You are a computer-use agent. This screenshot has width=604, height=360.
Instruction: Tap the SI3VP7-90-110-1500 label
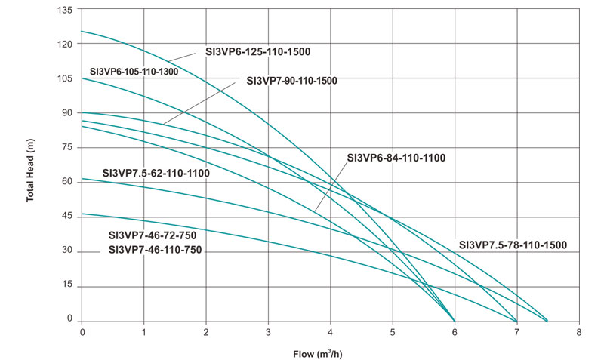(291, 80)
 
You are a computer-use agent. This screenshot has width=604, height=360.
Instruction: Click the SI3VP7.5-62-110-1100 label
(156, 173)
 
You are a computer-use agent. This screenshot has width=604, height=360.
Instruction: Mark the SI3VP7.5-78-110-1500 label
(513, 245)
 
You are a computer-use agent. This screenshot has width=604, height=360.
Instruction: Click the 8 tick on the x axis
(578, 332)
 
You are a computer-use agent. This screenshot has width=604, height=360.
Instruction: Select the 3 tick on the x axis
(268, 332)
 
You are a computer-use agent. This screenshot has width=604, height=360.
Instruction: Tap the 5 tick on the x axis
(392, 332)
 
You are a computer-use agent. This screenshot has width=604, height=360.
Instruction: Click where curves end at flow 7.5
(547, 320)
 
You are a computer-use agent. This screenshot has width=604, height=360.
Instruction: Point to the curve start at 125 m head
(82, 32)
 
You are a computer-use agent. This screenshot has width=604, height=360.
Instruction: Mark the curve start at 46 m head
(82, 214)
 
